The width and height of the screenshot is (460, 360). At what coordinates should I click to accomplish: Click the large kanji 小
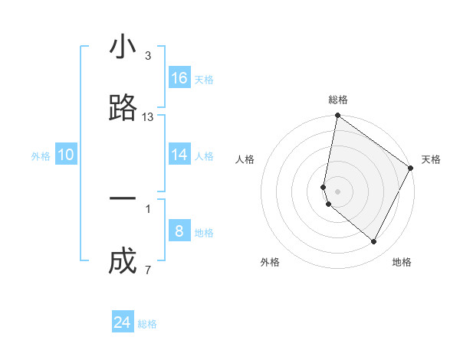tap(123, 47)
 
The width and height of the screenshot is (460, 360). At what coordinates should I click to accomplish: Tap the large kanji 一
tap(123, 198)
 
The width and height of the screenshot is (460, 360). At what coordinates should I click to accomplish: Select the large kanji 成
tap(123, 262)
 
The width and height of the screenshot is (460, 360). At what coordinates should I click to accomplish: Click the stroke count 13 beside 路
tap(148, 117)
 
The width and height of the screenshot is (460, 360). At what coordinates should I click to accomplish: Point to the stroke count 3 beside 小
tap(147, 56)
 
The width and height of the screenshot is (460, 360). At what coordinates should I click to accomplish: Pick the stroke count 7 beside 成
tap(147, 270)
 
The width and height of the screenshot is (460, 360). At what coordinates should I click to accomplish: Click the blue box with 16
tap(179, 78)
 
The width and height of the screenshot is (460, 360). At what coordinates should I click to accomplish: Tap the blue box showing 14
tap(179, 155)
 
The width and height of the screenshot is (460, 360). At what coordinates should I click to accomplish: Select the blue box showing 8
tap(179, 231)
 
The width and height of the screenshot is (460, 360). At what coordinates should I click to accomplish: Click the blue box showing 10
tap(66, 155)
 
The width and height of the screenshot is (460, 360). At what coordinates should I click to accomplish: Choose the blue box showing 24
tap(123, 322)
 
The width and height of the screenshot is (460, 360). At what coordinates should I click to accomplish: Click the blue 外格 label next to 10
tap(41, 156)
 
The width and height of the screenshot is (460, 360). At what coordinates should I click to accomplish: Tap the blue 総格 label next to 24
tap(148, 324)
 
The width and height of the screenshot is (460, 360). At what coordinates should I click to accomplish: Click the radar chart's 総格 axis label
tap(338, 100)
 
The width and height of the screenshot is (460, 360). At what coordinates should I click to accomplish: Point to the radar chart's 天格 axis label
tap(431, 159)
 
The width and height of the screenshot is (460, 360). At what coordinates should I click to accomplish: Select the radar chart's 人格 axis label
tap(245, 159)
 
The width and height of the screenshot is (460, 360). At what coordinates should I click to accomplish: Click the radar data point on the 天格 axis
tap(411, 169)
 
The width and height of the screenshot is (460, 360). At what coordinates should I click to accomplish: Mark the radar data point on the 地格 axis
tap(374, 242)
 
